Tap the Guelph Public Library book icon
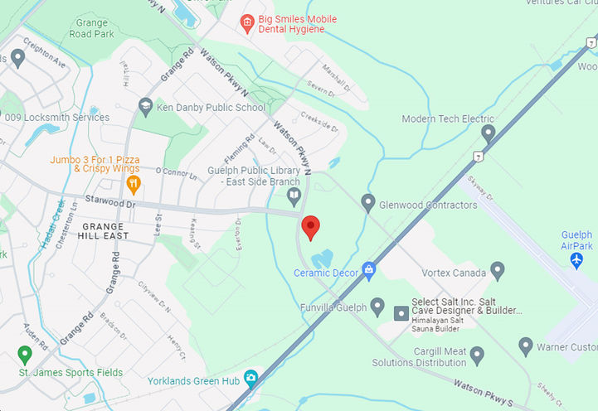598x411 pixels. coord(294,196)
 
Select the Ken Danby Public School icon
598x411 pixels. coord(146,107)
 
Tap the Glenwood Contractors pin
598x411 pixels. coord(368,203)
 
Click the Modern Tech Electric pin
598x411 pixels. coord(489,133)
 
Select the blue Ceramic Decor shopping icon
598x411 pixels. coord(368,270)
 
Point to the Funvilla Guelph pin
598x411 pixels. coord(377,307)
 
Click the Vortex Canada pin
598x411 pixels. coord(498,270)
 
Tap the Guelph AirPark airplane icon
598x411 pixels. coord(577,259)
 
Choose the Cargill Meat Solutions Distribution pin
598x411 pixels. coord(476,355)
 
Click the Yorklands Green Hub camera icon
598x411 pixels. coord(251,380)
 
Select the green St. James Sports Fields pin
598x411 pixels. coord(24,355)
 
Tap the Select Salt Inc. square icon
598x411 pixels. coord(401,313)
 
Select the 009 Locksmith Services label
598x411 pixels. coord(56,118)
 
